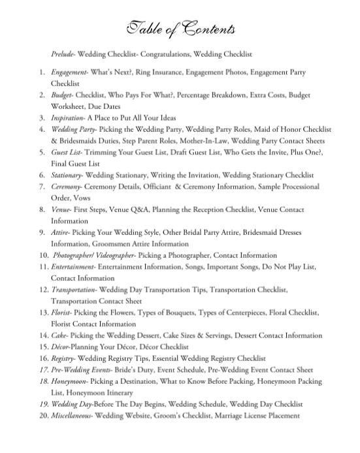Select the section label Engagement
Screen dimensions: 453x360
coord(69,72)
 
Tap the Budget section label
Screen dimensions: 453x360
coord(61,95)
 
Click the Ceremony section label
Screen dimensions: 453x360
coord(66,187)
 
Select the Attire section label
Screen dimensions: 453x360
coord(60,233)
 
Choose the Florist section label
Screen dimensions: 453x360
coord(62,313)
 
